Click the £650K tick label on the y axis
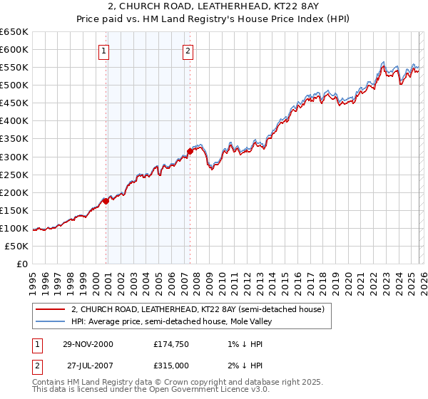coord(15,32)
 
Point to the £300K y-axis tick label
coord(15,157)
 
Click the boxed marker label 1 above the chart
coord(104,51)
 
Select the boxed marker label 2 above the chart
coord(188,51)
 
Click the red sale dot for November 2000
coord(106,201)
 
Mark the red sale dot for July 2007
coord(190,151)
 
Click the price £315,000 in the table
coord(175,366)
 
